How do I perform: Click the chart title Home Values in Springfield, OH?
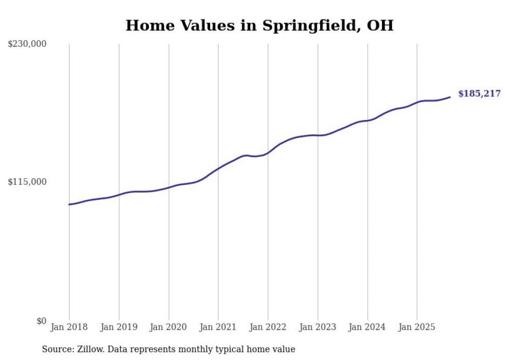(x=259, y=25)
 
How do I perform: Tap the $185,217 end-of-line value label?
(x=479, y=94)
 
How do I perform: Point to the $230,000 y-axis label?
(x=27, y=44)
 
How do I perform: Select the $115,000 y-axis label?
(x=27, y=182)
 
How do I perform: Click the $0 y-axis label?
(x=41, y=321)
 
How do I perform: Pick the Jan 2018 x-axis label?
(x=69, y=327)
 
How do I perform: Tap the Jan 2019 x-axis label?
(x=119, y=327)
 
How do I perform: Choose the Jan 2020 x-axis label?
(x=169, y=327)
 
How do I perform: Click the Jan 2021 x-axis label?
(x=218, y=327)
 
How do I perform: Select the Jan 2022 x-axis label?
(x=268, y=327)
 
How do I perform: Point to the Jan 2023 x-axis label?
(x=317, y=327)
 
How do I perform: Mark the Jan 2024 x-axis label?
(x=367, y=327)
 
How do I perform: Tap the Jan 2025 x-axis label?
(x=417, y=327)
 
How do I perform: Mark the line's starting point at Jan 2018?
(x=69, y=204)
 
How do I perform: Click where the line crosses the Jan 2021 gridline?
(x=218, y=168)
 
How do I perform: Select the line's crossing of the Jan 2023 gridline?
(x=318, y=135)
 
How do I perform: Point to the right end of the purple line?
(x=450, y=97)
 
